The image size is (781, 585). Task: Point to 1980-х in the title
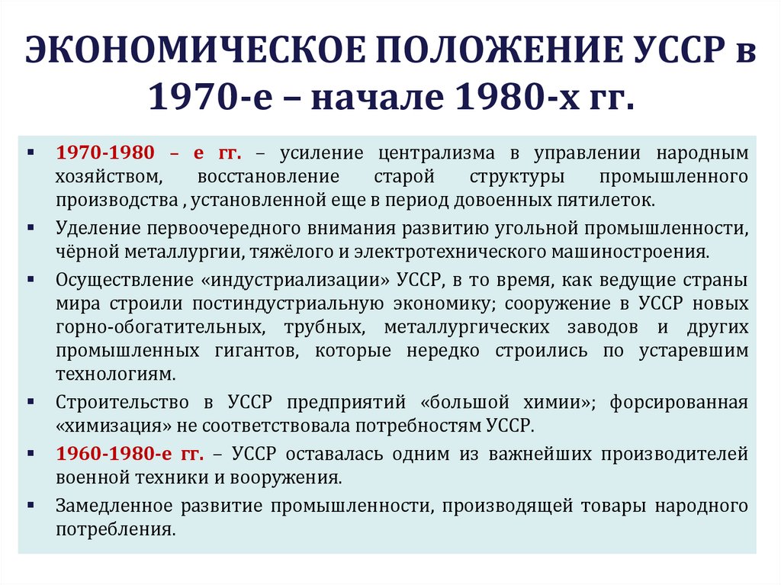pyautogui.click(x=525, y=98)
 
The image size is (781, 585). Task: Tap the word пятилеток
pyautogui.click(x=615, y=201)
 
